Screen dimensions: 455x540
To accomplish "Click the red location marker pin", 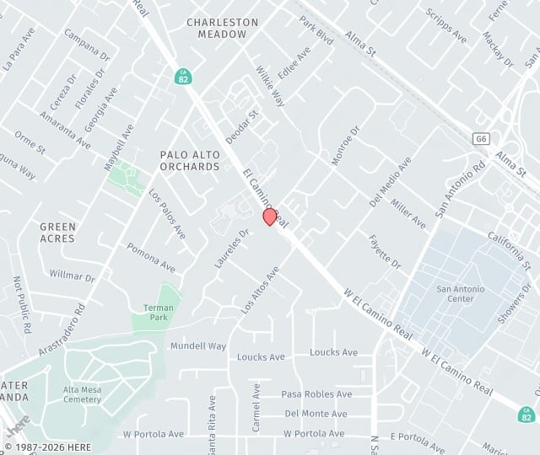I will pyautogui.click(x=270, y=217).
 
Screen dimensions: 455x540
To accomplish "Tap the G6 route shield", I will pyautogui.click(x=481, y=138).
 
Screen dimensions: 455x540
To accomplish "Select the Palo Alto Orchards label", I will pyautogui.click(x=190, y=160).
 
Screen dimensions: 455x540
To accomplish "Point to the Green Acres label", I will pyautogui.click(x=57, y=233).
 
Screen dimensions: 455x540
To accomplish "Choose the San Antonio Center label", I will pyautogui.click(x=460, y=294).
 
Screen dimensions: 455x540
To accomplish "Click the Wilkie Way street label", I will pyautogui.click(x=271, y=88).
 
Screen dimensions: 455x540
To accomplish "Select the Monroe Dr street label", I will pyautogui.click(x=345, y=145).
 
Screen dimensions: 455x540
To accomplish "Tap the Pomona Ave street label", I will pyautogui.click(x=151, y=257).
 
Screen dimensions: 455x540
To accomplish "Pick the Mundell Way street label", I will pyautogui.click(x=198, y=346).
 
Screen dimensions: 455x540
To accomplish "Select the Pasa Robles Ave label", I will pyautogui.click(x=316, y=394).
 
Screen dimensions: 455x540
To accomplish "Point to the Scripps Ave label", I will pyautogui.click(x=446, y=26).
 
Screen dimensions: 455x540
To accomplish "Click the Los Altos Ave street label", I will pyautogui.click(x=260, y=290).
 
